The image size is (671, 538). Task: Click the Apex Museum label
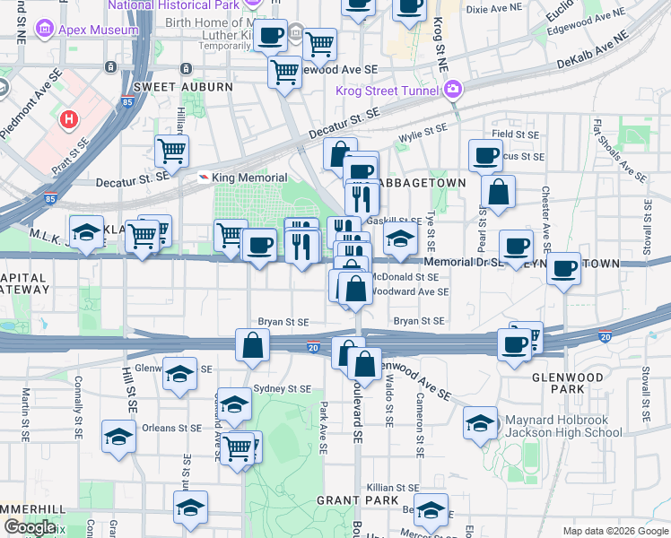99,30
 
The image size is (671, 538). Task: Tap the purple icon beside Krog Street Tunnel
454,90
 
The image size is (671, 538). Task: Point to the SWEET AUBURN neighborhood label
182,87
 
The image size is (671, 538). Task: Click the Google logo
30,527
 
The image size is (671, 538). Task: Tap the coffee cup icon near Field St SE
485,155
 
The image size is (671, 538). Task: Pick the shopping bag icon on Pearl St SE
498,192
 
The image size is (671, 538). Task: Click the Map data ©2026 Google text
615,530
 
